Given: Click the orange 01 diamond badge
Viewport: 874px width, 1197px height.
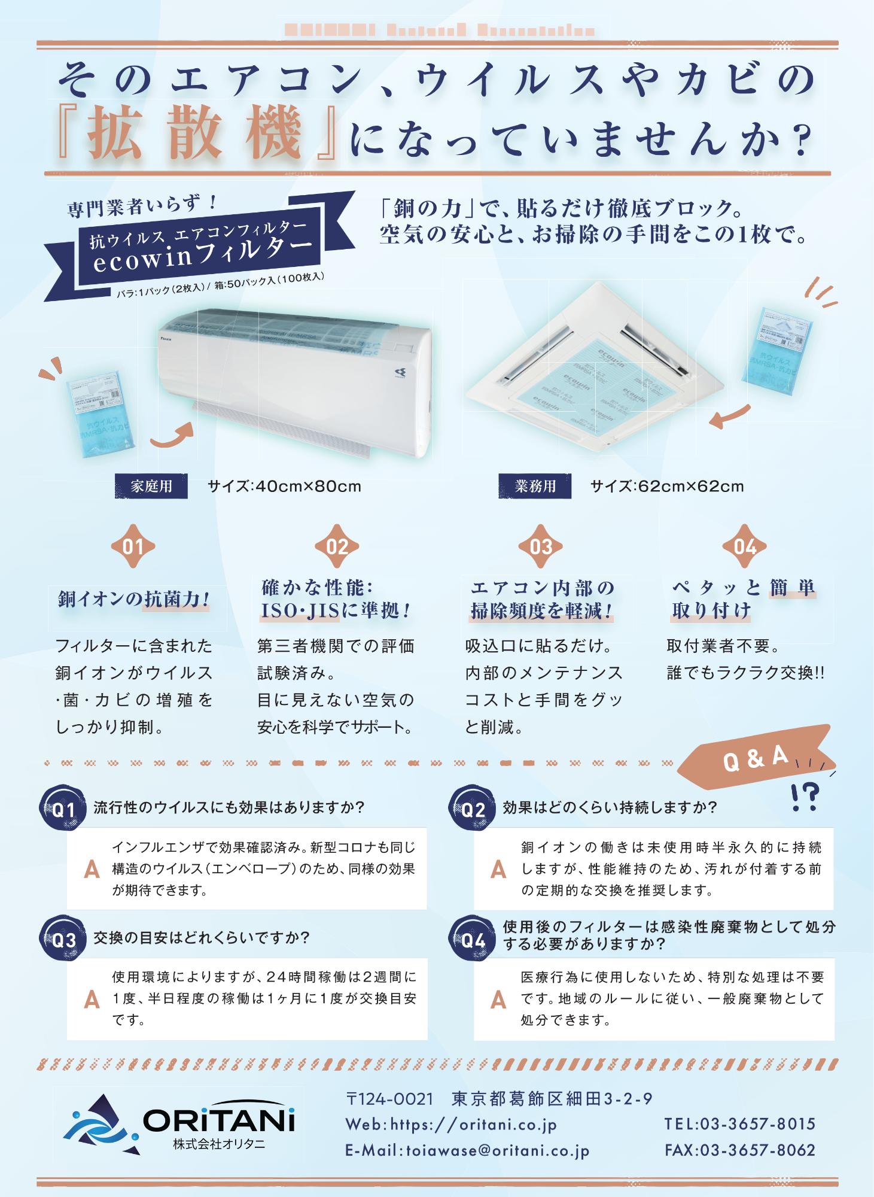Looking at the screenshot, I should point(133,546).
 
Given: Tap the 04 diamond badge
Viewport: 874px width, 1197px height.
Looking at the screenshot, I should point(744,546).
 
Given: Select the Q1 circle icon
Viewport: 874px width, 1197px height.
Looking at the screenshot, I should point(62,809).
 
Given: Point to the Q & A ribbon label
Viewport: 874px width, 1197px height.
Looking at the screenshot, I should point(755,758).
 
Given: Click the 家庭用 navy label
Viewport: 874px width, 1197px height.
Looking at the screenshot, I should point(151,486).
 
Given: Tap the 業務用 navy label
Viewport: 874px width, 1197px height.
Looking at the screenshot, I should point(535,486).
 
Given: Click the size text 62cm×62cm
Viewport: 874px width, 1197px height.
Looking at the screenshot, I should point(667,486).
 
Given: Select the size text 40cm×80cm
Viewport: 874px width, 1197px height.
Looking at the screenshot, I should point(284,486).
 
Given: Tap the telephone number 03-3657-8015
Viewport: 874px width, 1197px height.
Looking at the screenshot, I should point(739,1124).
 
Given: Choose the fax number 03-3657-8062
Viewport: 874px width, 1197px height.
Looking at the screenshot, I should point(739,1150).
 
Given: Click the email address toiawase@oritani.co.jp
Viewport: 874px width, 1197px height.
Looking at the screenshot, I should point(467,1150).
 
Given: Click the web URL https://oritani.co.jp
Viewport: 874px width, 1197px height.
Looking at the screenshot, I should point(451,1125).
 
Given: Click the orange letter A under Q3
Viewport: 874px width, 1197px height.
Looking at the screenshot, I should point(92,999).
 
